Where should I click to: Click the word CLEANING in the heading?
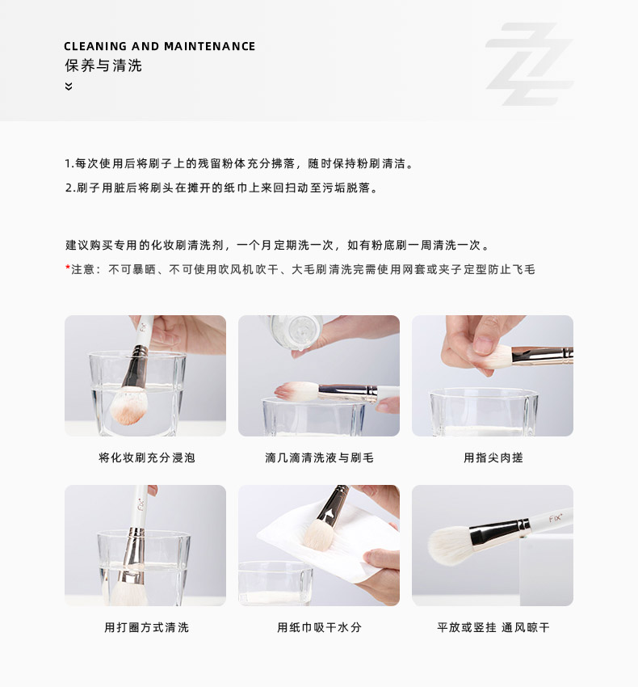pos(95,46)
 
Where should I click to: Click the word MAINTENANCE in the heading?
pos(209,46)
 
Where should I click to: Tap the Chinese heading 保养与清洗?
pos(103,65)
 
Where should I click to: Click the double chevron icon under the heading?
pos(69,86)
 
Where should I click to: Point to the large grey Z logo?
pos(529,64)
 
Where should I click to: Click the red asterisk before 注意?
pos(68,268)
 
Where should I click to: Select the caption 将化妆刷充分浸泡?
pos(147,457)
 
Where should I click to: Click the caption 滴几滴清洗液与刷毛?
pos(319,457)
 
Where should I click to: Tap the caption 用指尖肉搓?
pos(493,457)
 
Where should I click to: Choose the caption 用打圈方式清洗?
pos(147,627)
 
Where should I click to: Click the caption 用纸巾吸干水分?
pos(319,627)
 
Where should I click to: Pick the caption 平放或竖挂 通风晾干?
pos(493,627)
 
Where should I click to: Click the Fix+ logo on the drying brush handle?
pos(556,518)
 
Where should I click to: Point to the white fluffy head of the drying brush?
pos(450,545)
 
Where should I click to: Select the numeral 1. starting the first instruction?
pos(69,164)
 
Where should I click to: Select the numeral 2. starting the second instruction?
pos(70,188)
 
